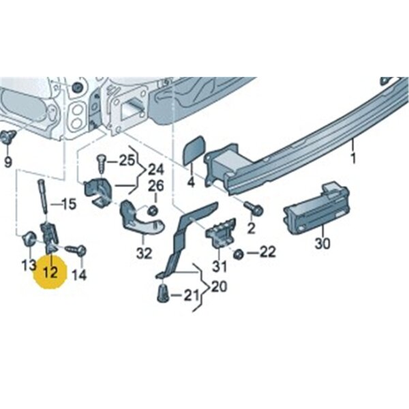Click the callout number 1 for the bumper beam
(353, 159)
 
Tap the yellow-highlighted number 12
(50, 273)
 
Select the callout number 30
(322, 243)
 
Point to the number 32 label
(144, 254)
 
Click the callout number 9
(8, 162)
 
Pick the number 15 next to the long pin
(68, 204)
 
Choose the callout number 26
(156, 186)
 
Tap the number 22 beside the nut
(268, 252)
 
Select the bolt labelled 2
(254, 208)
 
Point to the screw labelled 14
(76, 250)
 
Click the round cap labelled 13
(29, 238)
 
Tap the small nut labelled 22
(238, 254)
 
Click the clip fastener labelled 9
(7, 137)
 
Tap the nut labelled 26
(153, 210)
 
